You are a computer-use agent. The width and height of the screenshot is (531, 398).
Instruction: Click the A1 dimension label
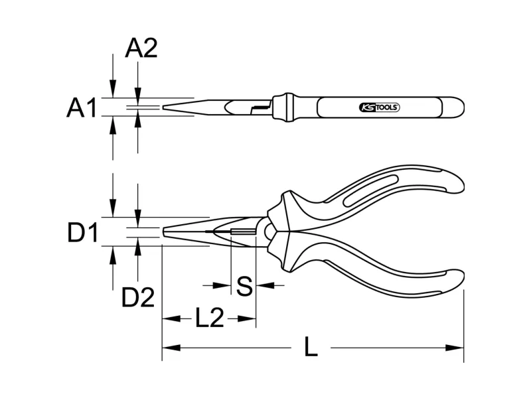82,107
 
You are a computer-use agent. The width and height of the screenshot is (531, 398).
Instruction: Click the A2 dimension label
141,48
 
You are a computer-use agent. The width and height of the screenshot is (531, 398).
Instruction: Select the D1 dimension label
83,233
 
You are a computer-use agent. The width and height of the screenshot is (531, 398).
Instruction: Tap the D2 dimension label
138,297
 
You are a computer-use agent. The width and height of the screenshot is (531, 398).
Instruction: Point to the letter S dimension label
244,286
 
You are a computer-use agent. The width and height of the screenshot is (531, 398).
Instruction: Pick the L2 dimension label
210,318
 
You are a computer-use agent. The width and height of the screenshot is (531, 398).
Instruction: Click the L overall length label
311,346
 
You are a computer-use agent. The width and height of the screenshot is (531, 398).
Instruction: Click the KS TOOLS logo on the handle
379,107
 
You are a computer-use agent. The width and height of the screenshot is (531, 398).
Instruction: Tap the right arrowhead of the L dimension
455,348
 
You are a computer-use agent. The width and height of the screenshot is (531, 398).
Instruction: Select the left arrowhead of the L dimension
171,348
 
